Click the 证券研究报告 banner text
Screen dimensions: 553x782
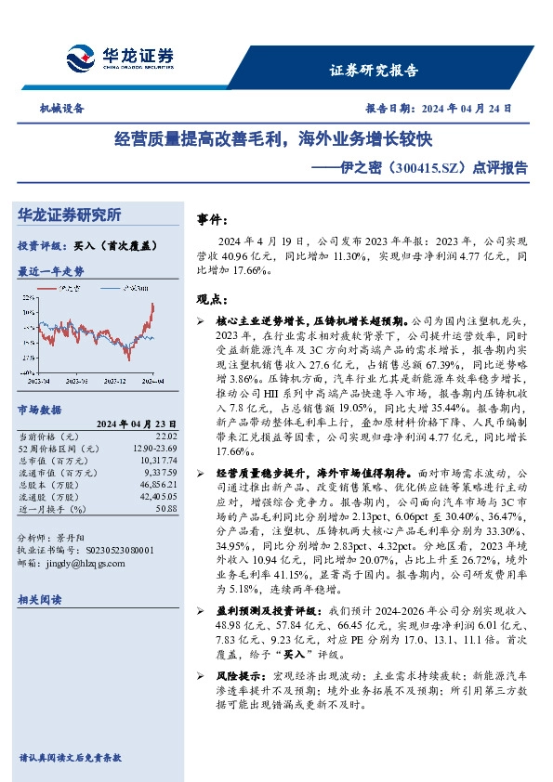coord(374,70)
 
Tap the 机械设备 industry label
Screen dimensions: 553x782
coord(61,108)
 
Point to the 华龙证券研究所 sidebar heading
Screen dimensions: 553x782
coord(70,215)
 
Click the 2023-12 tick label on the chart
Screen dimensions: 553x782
coord(114,380)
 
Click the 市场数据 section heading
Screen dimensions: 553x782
coord(39,409)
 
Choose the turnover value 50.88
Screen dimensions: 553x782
coord(165,508)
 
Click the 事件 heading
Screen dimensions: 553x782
coord(212,219)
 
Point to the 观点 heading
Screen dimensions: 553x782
coord(212,299)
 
